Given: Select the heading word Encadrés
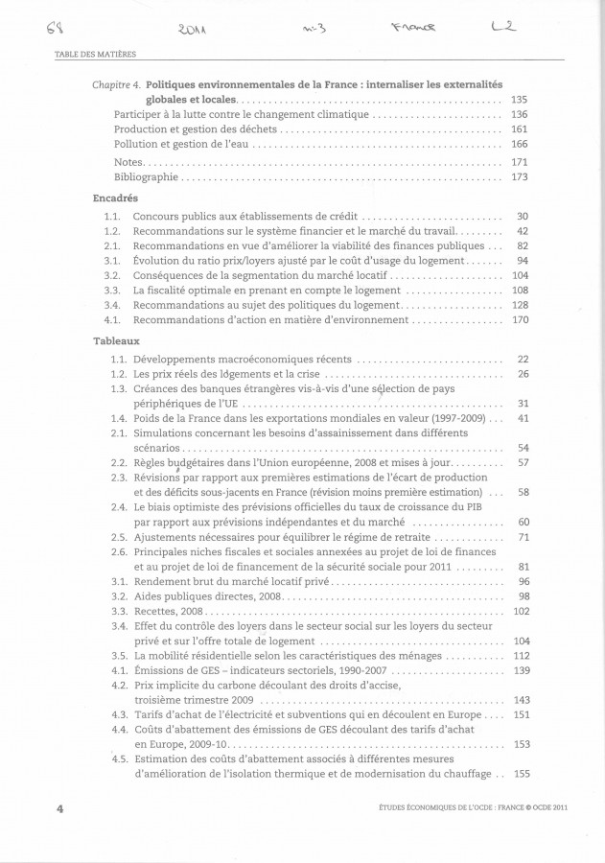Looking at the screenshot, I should click(114, 198).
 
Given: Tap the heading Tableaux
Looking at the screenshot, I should click(117, 340).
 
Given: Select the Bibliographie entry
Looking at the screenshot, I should click(146, 177).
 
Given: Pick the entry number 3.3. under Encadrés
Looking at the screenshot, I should click(111, 289).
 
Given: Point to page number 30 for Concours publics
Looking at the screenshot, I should click(523, 217).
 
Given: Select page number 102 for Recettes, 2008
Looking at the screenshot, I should click(521, 611).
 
